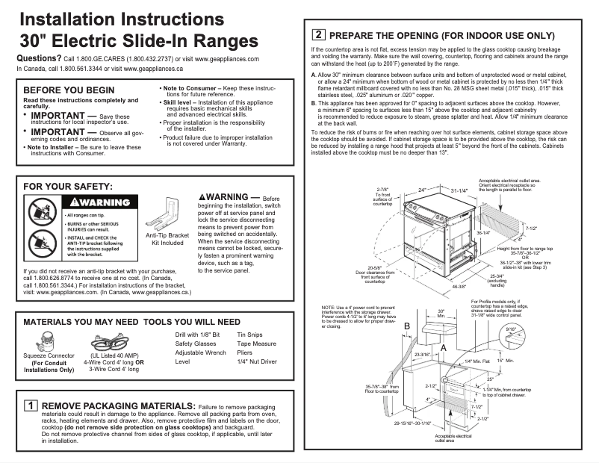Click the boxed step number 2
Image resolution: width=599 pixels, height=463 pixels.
pos(319,34)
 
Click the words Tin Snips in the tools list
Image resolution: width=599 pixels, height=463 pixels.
pos(249,336)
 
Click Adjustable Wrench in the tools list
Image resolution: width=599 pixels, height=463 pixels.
pos(200,353)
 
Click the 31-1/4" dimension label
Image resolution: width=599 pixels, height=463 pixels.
pos(459,190)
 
